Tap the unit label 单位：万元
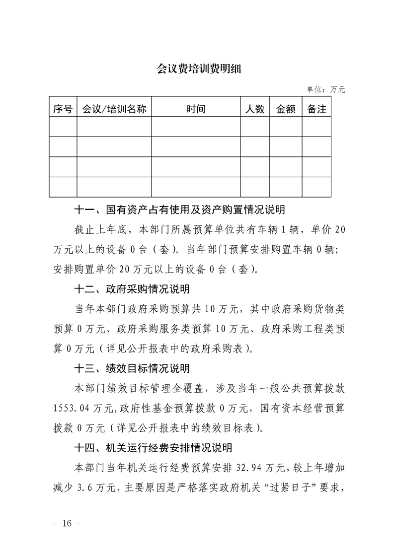coord(325,90)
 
